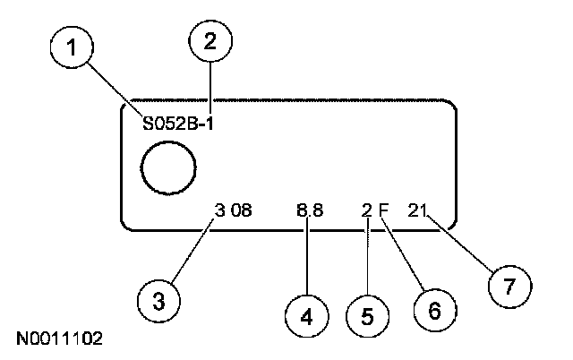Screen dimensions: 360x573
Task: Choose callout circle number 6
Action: pos(432,309)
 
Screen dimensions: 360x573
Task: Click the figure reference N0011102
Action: pos(59,339)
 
